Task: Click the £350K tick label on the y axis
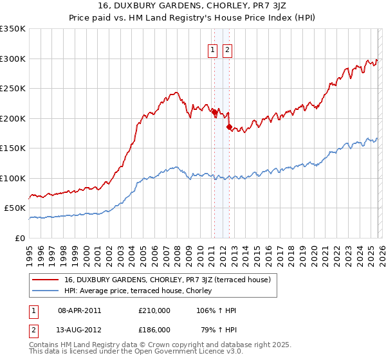tap(13, 29)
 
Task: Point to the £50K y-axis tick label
tap(15, 208)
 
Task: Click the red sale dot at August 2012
tap(229, 127)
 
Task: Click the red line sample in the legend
tap(46, 280)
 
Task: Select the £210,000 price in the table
tap(154, 310)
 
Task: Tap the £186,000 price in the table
tap(154, 329)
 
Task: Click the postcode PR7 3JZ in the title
tap(241, 7)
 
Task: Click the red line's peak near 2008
tap(175, 93)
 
